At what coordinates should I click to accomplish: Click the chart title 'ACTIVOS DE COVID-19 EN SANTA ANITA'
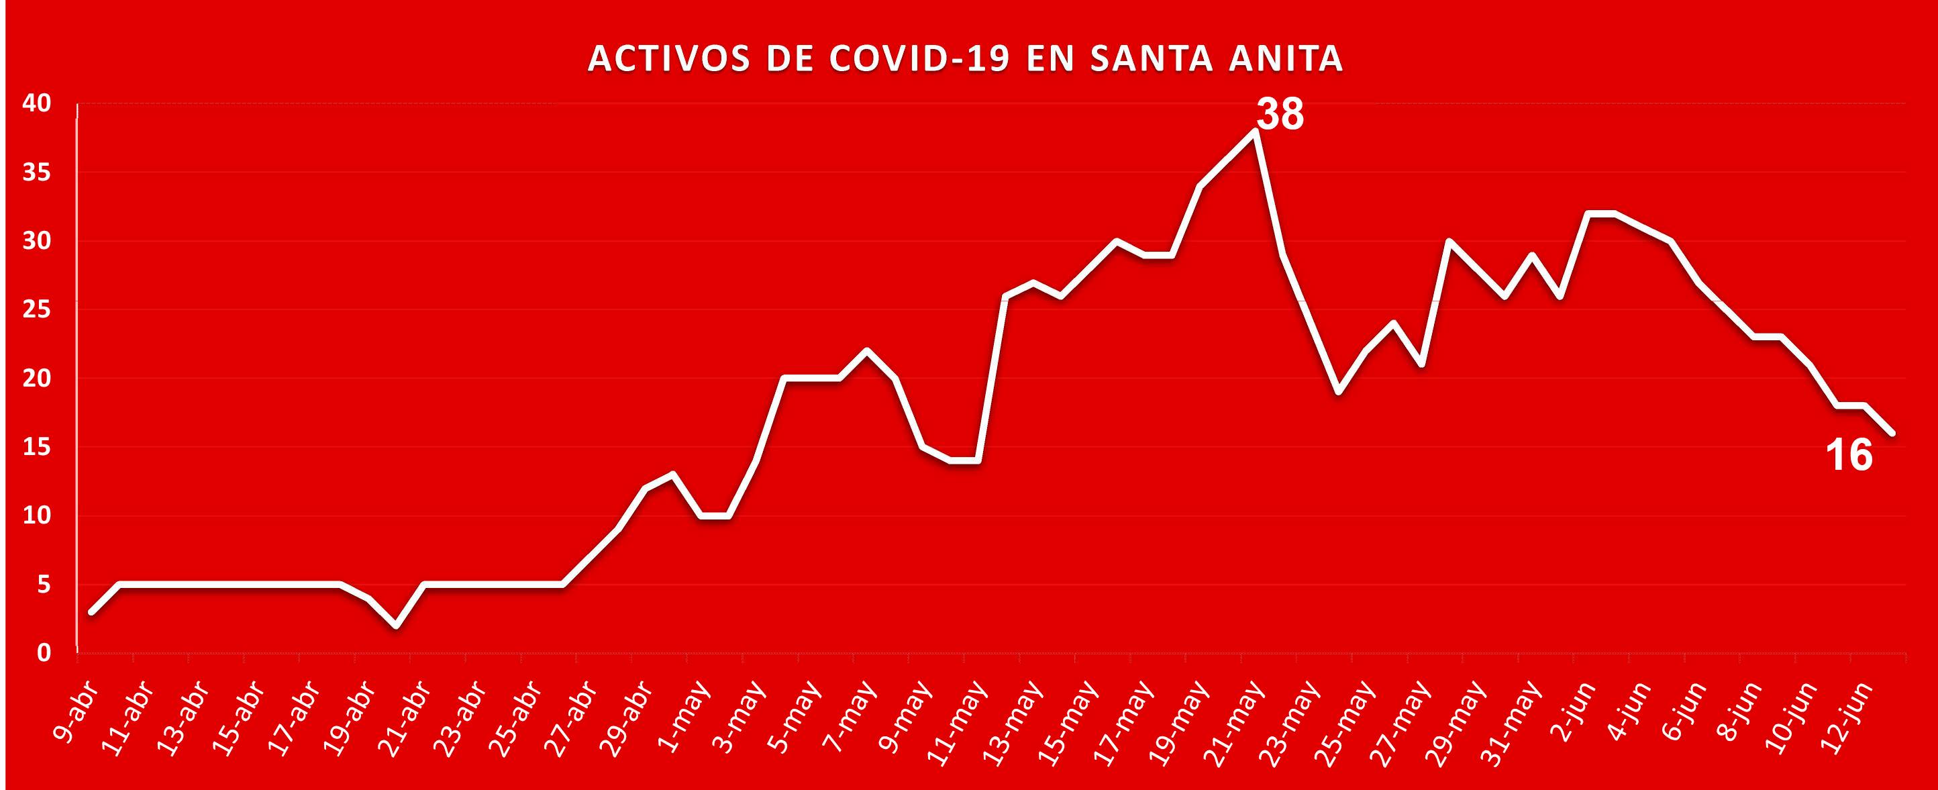[964, 60]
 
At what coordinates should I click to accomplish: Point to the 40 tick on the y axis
[36, 104]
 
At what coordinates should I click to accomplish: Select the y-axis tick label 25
[36, 310]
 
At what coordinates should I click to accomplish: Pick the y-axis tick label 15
[36, 448]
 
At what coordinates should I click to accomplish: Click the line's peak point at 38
[1255, 131]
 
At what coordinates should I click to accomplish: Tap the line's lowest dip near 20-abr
[397, 626]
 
